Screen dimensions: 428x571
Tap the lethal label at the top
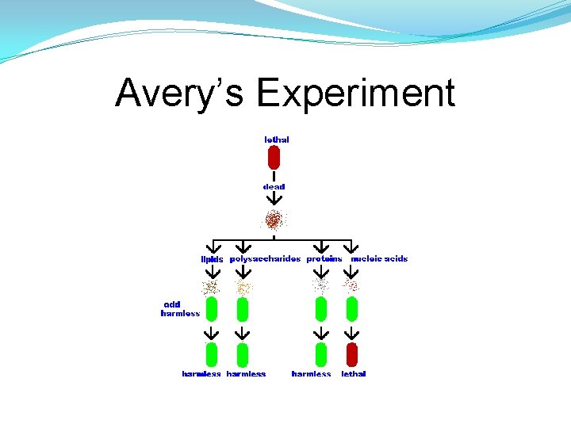(x=276, y=139)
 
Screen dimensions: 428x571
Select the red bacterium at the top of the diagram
(x=274, y=159)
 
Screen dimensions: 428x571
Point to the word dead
(x=274, y=187)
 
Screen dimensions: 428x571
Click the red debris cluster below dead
(x=274, y=219)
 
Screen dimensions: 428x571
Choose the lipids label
(x=212, y=259)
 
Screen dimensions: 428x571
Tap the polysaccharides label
(x=265, y=259)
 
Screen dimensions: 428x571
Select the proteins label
(x=324, y=259)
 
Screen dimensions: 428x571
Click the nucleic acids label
(x=379, y=259)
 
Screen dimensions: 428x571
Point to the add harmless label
(x=180, y=309)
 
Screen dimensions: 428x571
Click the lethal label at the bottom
(x=354, y=374)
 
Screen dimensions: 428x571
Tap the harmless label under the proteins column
(x=311, y=374)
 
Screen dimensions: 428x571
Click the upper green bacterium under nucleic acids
(x=352, y=308)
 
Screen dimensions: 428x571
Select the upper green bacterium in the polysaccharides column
(x=243, y=308)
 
